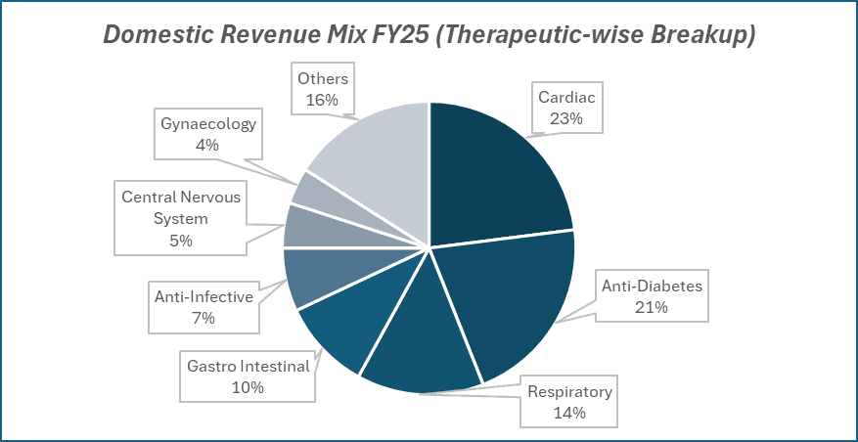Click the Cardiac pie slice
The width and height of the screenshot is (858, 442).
coord(494,176)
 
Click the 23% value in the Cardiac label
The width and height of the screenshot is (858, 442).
coord(566,119)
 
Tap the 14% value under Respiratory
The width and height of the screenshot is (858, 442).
coord(568,413)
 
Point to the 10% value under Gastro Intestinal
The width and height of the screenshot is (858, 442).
coord(248,387)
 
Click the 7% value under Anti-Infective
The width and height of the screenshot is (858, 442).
coord(203,317)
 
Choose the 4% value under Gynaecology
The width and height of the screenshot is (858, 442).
coord(208,145)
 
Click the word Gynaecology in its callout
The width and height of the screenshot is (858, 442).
coord(208,123)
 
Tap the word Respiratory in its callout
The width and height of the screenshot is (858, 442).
coord(569,392)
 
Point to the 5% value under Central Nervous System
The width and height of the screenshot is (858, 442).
coord(181,240)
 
